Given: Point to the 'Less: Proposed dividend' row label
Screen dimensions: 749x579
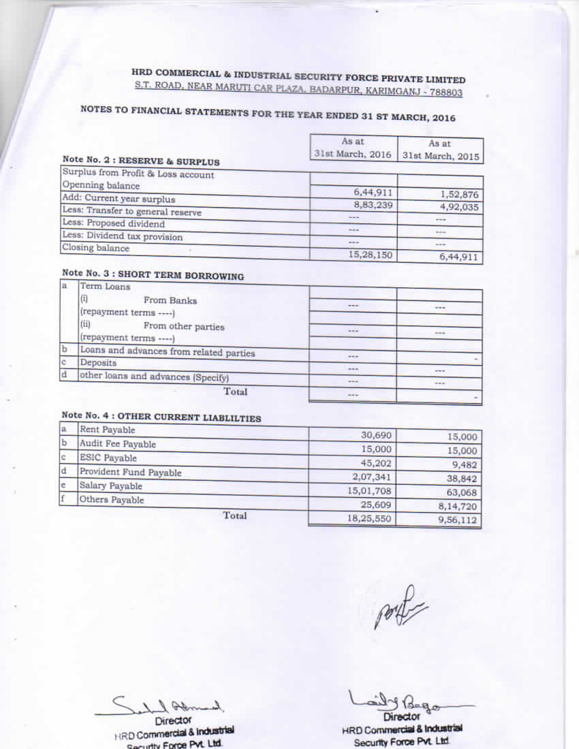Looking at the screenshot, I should pyautogui.click(x=113, y=223).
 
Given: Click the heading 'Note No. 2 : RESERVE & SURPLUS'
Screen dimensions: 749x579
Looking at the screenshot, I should pyautogui.click(x=141, y=161).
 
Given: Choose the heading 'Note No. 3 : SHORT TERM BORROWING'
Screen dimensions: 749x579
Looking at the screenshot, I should pyautogui.click(x=153, y=274).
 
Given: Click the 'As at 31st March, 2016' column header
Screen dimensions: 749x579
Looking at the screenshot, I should pyautogui.click(x=353, y=148).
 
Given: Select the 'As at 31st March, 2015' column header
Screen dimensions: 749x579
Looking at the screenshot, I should pyautogui.click(x=440, y=150).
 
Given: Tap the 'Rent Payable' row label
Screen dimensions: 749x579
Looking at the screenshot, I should pyautogui.click(x=107, y=430).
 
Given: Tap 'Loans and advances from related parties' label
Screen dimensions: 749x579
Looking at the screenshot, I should pyautogui.click(x=167, y=352).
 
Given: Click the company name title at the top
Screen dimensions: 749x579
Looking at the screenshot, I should pyautogui.click(x=298, y=77).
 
